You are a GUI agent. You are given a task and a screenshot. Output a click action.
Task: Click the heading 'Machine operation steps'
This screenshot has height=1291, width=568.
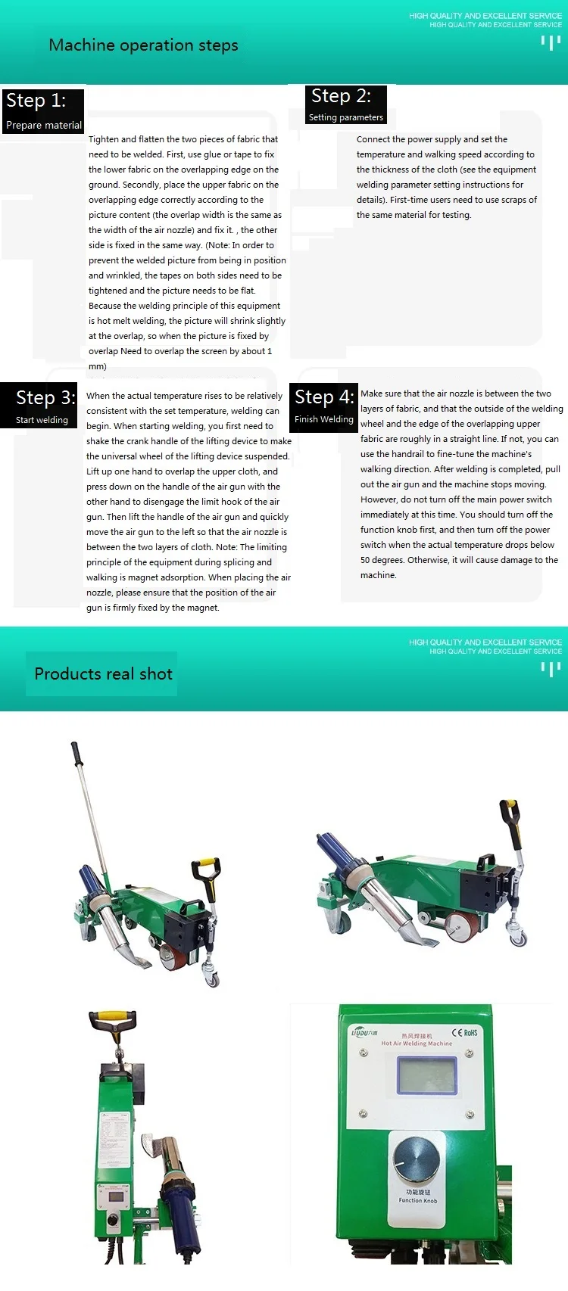(x=143, y=45)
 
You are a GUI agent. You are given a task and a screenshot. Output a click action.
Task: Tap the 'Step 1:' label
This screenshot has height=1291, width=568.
(x=36, y=101)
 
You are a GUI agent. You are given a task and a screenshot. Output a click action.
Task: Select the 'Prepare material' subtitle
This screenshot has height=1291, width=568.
(x=43, y=126)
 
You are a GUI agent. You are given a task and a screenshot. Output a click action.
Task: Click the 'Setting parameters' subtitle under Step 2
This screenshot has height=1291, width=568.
(x=345, y=117)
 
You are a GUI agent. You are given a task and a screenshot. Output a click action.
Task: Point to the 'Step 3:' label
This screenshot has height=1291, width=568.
(x=45, y=398)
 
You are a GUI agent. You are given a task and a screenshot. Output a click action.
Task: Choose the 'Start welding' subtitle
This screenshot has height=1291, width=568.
(x=42, y=420)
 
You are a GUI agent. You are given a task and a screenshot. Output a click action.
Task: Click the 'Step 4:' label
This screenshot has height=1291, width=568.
(x=324, y=397)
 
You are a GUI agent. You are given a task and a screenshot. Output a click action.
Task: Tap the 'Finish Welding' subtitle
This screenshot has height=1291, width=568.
(x=323, y=419)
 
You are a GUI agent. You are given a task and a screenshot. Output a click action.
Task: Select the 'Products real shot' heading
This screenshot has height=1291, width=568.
(x=103, y=673)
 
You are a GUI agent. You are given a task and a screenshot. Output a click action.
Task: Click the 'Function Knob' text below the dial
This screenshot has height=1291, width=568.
(x=417, y=1200)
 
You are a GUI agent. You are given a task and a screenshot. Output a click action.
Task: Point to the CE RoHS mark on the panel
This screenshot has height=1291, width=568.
(x=464, y=1032)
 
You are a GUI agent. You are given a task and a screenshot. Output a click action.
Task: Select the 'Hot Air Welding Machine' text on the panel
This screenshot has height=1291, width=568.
(x=417, y=1044)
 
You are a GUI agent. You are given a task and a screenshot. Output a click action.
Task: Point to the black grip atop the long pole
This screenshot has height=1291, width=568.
(x=76, y=754)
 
